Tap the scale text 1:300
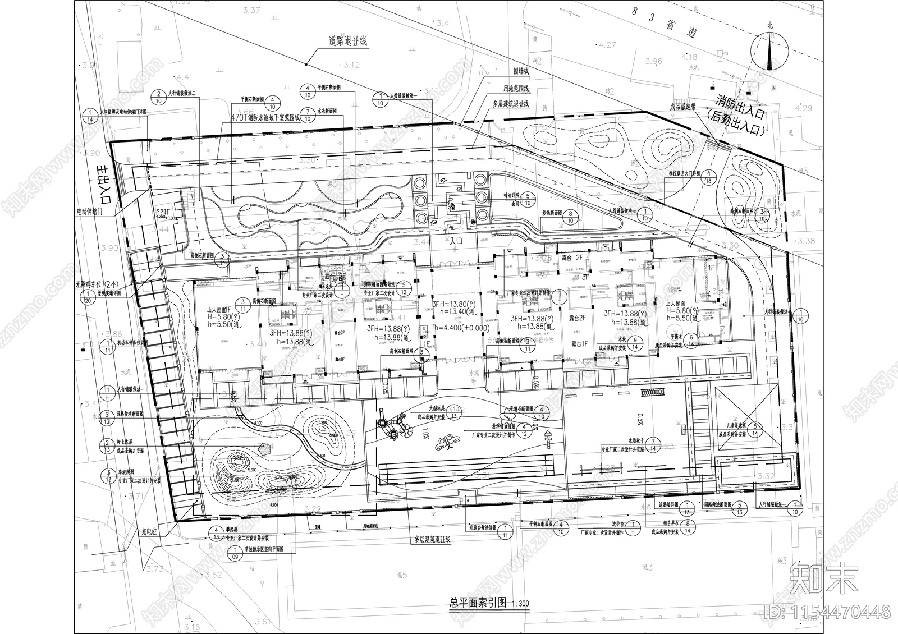tap(519, 604)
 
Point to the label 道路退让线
tap(348, 42)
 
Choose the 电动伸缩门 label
tap(93, 212)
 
